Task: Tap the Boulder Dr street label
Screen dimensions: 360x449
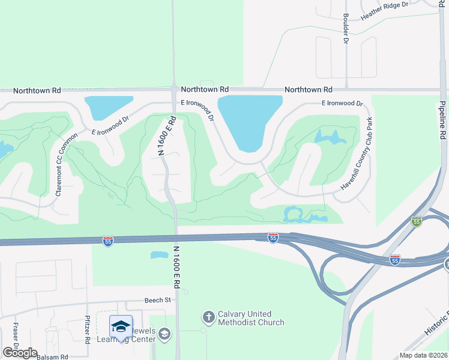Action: click(x=346, y=29)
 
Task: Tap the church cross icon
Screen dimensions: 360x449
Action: click(x=208, y=316)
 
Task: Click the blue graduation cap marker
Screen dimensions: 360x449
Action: click(x=121, y=327)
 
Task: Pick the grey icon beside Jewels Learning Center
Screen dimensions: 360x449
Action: click(x=166, y=334)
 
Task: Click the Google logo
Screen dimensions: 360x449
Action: click(x=20, y=353)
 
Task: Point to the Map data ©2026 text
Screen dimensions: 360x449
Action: click(x=423, y=355)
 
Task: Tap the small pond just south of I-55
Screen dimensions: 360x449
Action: click(x=158, y=254)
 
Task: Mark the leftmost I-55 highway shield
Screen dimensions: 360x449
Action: click(x=108, y=241)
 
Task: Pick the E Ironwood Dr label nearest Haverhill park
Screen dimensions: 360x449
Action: click(x=342, y=103)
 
